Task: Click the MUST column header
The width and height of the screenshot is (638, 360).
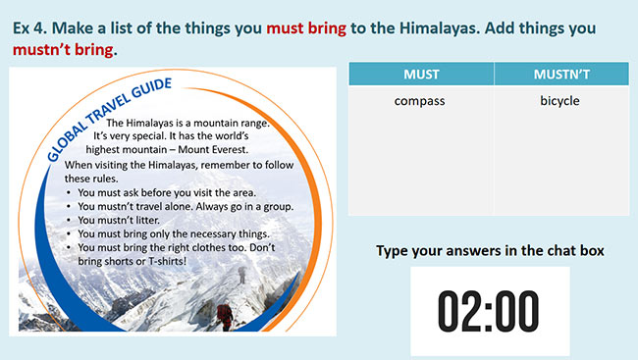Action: click(x=420, y=74)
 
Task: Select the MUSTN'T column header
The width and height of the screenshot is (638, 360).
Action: click(x=559, y=74)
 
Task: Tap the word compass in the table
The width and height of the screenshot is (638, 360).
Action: click(x=420, y=100)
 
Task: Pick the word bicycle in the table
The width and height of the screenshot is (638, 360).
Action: click(x=559, y=100)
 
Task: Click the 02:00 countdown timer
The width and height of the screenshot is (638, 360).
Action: click(x=488, y=310)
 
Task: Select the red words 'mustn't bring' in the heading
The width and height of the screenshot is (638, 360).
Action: click(x=63, y=48)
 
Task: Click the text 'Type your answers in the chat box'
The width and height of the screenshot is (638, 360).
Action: click(x=490, y=251)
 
